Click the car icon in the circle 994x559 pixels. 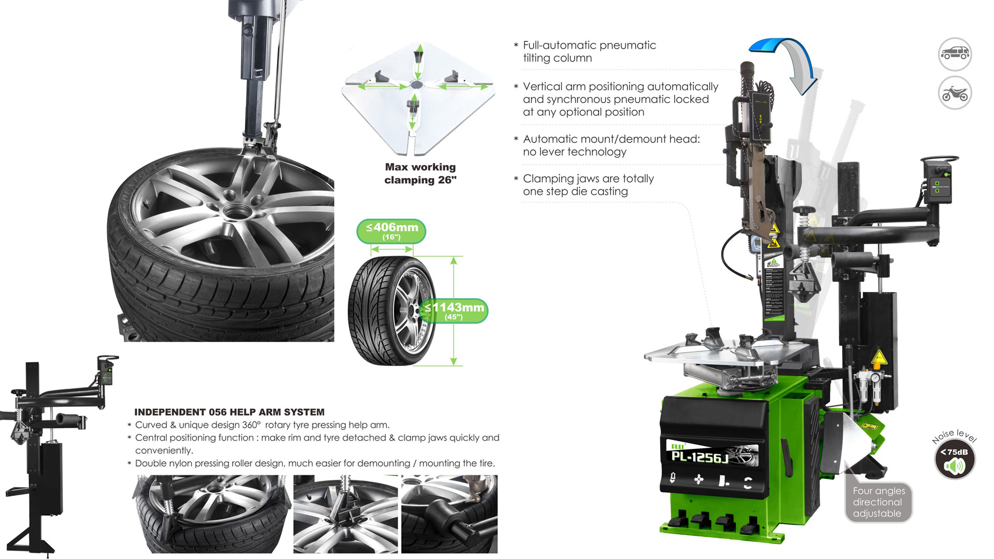coord(955,54)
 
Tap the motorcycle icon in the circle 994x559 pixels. coord(955,94)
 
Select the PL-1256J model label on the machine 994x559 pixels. coord(700,457)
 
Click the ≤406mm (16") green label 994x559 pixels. coord(391,231)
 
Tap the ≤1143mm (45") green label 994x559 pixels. coord(455,311)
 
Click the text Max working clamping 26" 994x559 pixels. coord(420,173)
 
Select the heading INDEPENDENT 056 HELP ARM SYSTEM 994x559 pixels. coord(229,412)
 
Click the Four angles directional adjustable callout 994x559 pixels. coord(879,502)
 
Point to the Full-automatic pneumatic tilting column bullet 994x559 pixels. coord(589,52)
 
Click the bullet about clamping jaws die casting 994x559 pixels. coord(588,185)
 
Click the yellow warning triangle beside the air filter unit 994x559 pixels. coord(879,358)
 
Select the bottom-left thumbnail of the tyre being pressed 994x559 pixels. coord(211,514)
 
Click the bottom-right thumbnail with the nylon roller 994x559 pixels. coord(449,514)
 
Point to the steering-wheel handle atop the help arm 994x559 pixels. coord(939,159)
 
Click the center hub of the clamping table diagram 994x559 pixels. coord(416,85)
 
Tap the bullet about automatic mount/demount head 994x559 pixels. coord(611,145)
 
